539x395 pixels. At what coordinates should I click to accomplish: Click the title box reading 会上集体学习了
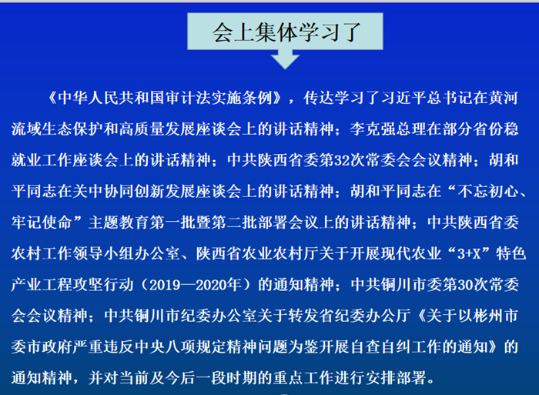(285, 32)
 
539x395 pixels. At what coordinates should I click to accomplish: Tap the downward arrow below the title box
(285, 59)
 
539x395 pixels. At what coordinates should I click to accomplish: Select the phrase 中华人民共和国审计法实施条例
(165, 98)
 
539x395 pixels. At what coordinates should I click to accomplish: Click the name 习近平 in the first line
(403, 98)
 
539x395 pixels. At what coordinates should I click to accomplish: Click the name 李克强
(373, 129)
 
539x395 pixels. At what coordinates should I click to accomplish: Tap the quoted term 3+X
(469, 253)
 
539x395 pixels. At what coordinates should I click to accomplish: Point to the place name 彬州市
(495, 316)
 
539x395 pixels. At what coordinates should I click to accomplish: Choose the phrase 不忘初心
(487, 192)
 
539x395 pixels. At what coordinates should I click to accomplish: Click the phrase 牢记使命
(42, 223)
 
